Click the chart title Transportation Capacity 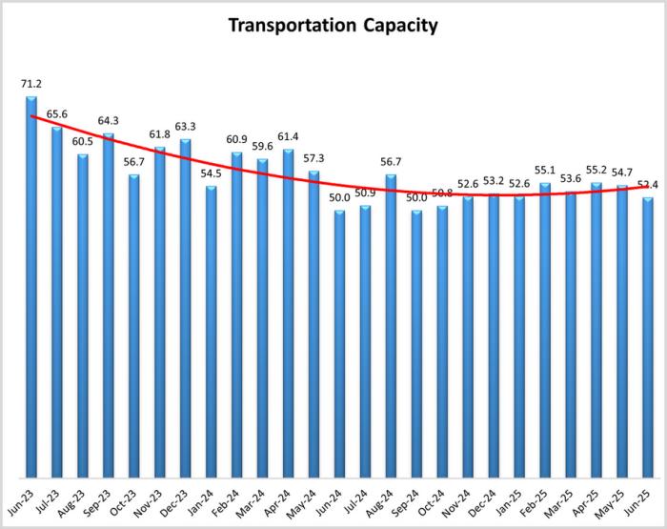pyautogui.click(x=333, y=26)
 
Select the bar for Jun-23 pyautogui.click(x=31, y=286)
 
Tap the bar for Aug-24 pyautogui.click(x=391, y=324)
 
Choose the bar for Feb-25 pyautogui.click(x=545, y=329)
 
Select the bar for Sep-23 pyautogui.click(x=109, y=305)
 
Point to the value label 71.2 pyautogui.click(x=31, y=85)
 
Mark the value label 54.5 pyautogui.click(x=211, y=173)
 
